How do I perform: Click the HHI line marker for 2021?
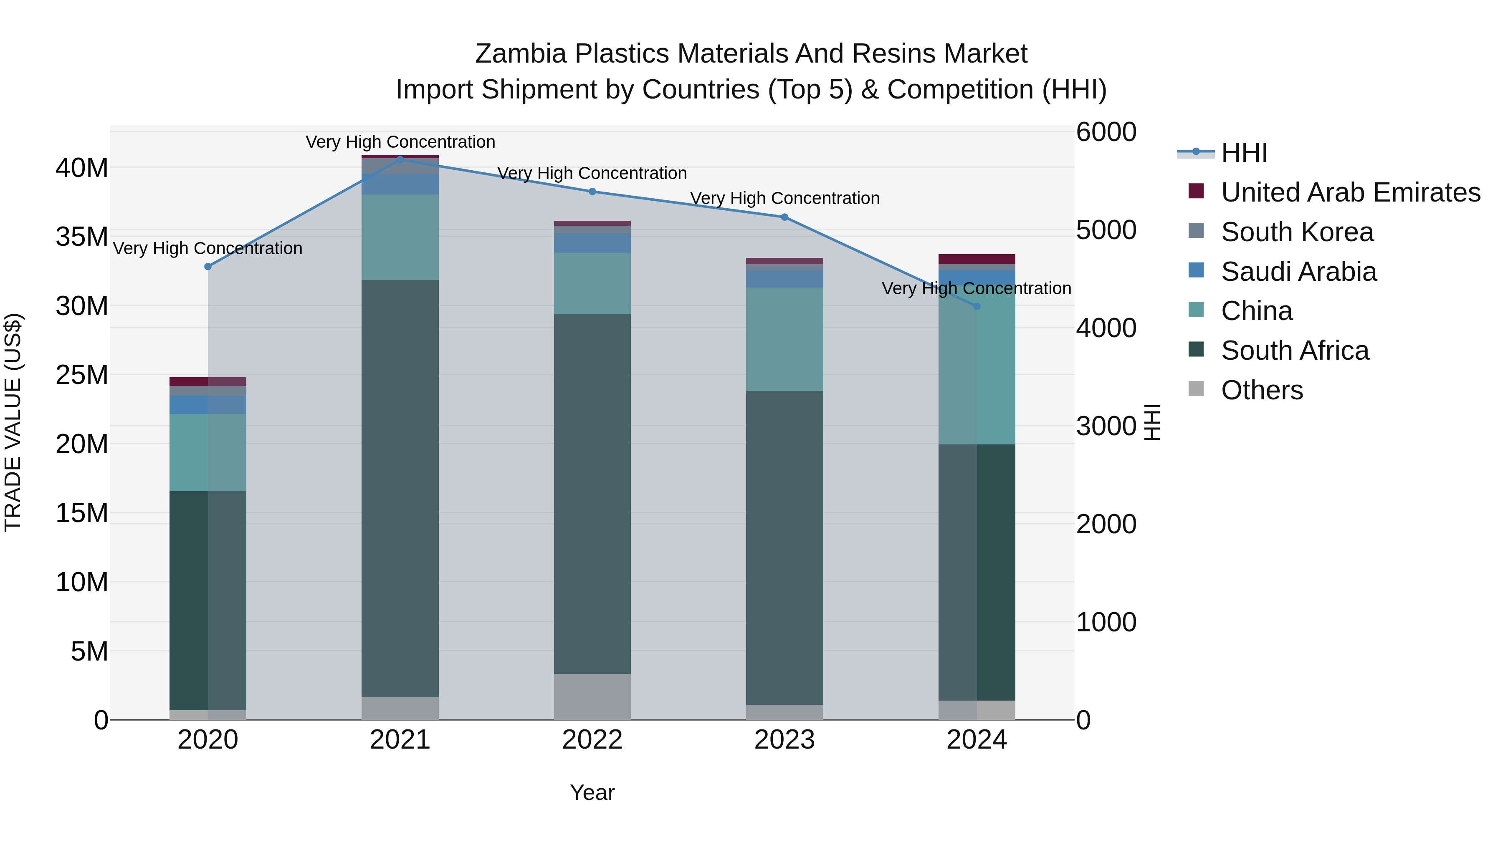400,159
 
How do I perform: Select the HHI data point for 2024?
977,306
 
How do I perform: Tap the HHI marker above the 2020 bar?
208,267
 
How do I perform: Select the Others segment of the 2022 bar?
592,696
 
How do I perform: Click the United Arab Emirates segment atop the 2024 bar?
977,259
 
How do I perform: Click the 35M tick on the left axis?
82,237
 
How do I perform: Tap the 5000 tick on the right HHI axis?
1106,230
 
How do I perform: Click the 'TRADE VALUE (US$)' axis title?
13,422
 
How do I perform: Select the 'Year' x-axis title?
592,792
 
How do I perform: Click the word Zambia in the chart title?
521,54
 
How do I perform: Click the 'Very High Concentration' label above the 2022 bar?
592,173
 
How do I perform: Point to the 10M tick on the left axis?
82,582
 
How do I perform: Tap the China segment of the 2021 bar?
400,237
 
